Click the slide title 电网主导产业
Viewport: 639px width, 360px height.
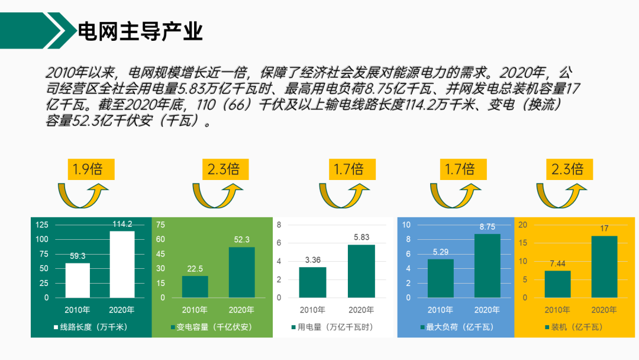pos(140,31)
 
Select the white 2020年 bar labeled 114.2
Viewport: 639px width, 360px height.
pos(122,264)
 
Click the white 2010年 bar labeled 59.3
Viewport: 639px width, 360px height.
pos(78,281)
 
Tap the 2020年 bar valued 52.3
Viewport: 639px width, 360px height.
pos(241,272)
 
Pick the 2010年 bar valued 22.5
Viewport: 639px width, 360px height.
pos(195,287)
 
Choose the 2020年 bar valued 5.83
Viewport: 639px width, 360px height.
pos(361,271)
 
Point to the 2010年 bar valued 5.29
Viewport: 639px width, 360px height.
pos(441,278)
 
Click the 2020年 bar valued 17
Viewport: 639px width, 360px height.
pos(604,266)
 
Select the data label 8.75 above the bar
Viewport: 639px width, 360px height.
pos(488,227)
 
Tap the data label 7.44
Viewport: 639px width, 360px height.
pos(557,263)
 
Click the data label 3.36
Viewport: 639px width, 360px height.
pos(312,260)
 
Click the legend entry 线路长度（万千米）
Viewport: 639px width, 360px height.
pos(91,327)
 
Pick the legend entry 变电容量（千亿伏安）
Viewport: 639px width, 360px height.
pos(211,327)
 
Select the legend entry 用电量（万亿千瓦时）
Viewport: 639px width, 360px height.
pos(333,327)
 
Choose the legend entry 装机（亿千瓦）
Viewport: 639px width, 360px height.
pos(574,327)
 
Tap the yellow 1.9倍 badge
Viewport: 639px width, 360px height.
pos(91,169)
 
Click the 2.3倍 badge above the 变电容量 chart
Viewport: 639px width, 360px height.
pos(225,169)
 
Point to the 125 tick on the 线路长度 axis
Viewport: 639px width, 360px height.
pos(42,224)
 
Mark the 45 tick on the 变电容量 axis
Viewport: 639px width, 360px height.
pos(160,254)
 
